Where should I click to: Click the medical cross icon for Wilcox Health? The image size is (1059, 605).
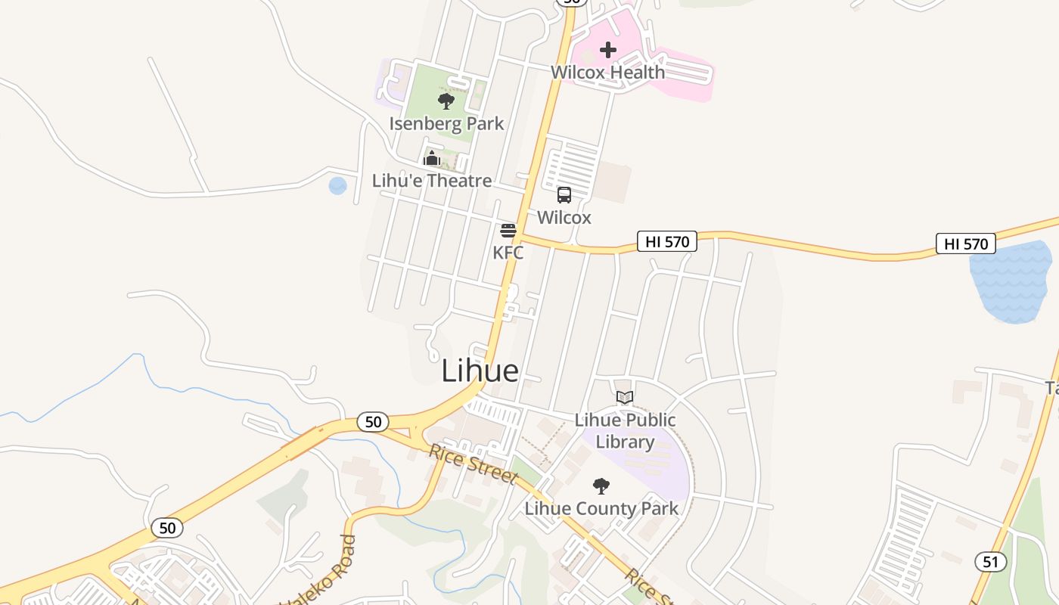607,50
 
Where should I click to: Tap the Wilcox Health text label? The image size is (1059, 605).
607,73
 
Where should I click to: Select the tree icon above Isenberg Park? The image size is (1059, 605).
446,101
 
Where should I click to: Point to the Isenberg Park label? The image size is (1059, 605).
446,123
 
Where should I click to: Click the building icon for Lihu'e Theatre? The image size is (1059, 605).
432,158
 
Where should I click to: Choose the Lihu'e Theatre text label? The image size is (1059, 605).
432,181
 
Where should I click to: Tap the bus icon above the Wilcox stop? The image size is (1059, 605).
564,195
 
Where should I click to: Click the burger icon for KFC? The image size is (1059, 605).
508,230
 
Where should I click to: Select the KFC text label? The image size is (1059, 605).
508,253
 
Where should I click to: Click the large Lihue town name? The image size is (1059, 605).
480,371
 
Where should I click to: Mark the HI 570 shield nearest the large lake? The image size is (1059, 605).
965,244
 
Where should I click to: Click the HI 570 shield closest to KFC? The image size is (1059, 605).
666,241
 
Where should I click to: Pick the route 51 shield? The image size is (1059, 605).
990,561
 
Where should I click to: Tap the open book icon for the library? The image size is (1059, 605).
624,397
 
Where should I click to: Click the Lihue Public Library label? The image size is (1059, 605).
625,431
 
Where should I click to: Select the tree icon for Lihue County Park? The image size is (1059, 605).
601,486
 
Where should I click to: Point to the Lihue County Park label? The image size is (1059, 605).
601,508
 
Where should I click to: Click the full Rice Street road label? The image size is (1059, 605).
473,463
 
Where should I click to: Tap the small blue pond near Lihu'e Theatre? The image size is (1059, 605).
337,185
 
